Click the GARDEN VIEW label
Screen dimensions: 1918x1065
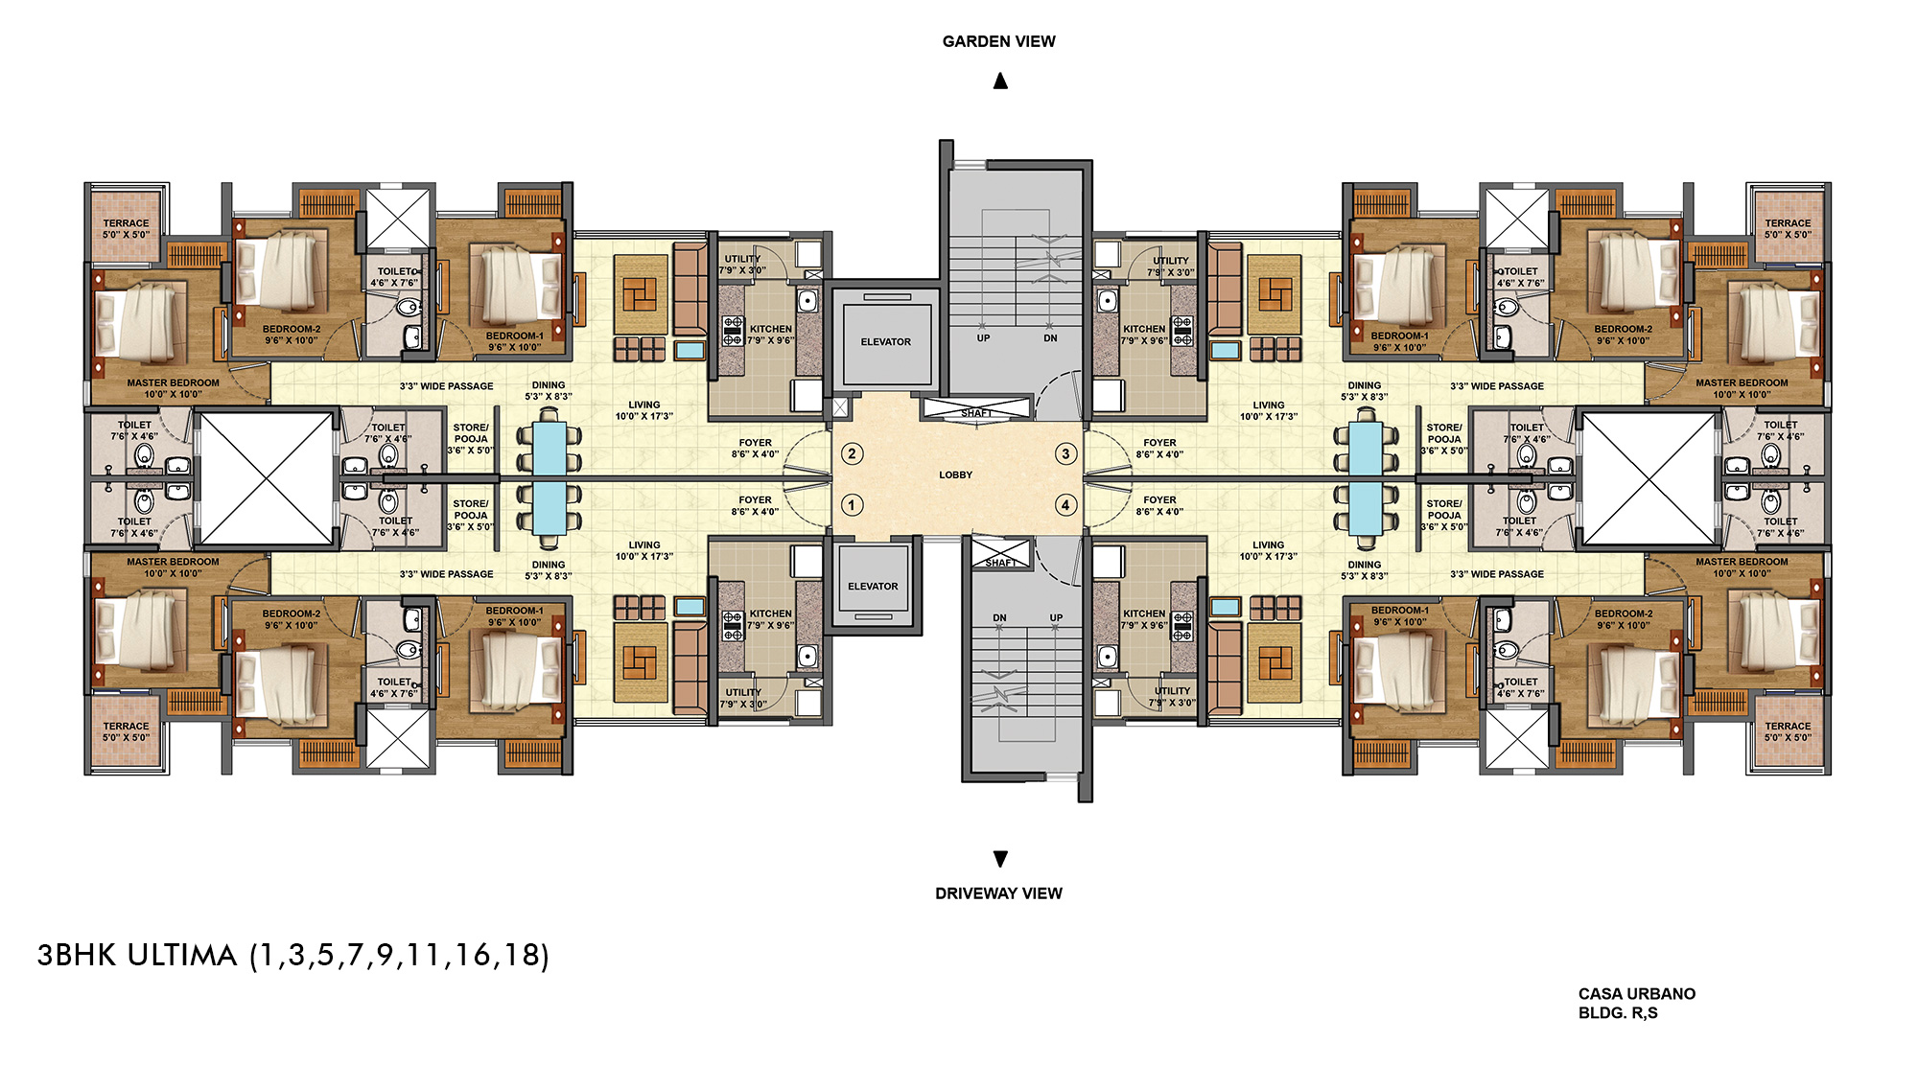click(998, 41)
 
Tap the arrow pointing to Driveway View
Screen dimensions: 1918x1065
click(1000, 858)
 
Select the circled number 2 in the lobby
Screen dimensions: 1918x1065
click(852, 453)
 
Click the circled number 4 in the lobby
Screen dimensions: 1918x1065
click(1064, 504)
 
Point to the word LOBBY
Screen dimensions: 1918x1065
click(955, 475)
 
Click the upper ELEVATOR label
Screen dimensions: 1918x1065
click(885, 341)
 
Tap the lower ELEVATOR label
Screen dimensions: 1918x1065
click(873, 586)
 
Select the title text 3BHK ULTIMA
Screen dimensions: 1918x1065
click(137, 955)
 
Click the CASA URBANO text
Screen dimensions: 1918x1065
click(1637, 994)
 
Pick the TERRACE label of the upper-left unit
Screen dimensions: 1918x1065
click(127, 222)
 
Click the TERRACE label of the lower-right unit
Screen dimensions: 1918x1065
click(1788, 726)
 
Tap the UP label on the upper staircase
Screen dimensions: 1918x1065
click(983, 337)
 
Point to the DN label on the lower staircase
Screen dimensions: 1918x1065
click(999, 617)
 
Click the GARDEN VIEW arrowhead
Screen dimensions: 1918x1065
click(1000, 81)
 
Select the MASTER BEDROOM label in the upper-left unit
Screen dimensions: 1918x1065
click(173, 382)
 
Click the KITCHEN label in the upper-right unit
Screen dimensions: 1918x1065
click(1144, 329)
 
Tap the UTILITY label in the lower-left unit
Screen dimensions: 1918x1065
click(743, 691)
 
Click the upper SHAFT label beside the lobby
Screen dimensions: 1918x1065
click(976, 413)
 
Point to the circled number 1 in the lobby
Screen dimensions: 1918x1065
click(852, 504)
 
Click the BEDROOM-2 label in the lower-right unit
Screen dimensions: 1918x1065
click(1624, 614)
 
